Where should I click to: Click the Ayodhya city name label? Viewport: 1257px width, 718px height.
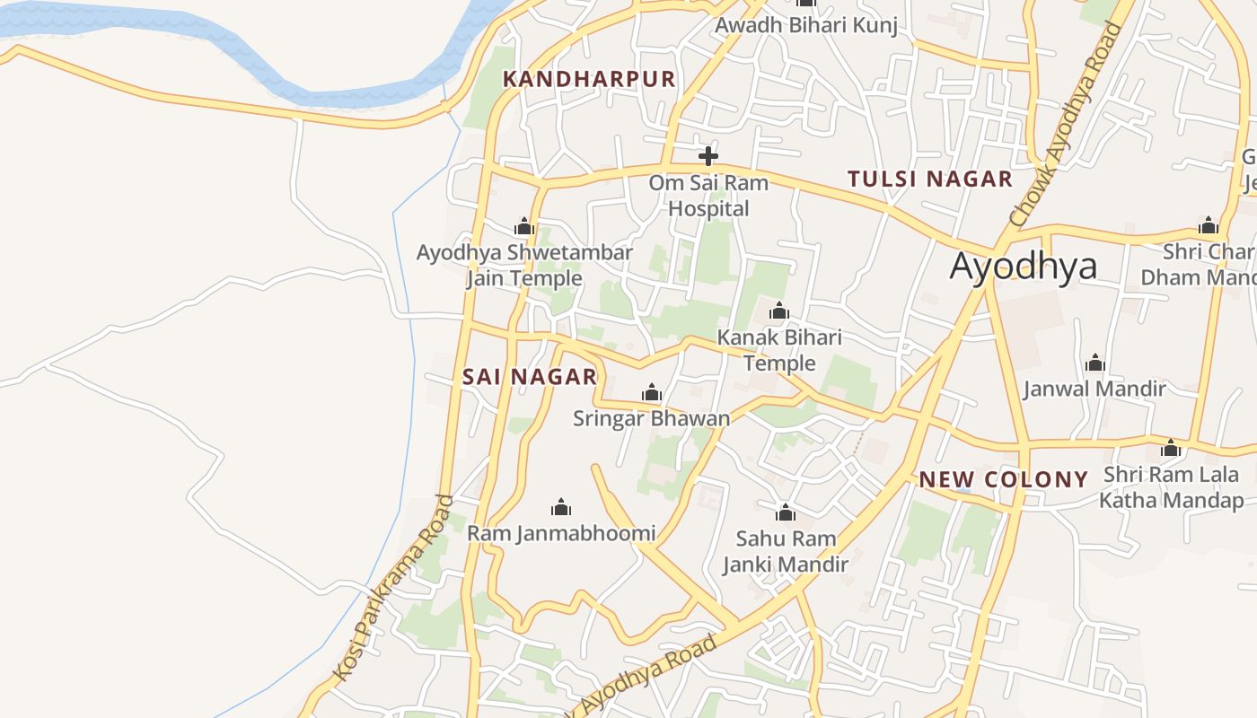1023,267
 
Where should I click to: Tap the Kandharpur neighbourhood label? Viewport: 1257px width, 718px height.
589,79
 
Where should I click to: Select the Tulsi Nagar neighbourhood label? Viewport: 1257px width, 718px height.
930,179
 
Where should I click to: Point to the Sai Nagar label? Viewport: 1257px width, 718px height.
530,377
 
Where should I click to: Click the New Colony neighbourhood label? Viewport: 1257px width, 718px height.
1003,479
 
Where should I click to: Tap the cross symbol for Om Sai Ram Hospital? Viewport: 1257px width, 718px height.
708,156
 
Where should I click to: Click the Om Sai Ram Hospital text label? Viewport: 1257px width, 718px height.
709,196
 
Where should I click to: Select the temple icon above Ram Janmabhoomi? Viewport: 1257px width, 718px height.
561,507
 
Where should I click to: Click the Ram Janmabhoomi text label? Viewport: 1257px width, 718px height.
561,533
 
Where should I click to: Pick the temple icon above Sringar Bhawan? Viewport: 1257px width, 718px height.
652,392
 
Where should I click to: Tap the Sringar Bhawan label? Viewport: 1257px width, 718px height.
652,418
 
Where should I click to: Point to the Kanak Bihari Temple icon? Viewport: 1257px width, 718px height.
779,311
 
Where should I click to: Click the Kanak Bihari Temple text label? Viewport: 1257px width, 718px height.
779,350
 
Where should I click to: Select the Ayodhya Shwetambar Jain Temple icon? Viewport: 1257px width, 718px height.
524,226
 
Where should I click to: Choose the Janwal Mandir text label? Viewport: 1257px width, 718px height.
1094,389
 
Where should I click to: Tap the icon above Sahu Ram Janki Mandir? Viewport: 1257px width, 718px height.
786,512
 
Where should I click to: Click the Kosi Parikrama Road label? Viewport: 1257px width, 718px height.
391,588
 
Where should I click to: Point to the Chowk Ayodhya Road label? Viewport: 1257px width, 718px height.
1066,124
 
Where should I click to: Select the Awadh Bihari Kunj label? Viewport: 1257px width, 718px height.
805,25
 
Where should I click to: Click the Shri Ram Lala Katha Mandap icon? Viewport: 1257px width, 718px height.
1171,448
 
